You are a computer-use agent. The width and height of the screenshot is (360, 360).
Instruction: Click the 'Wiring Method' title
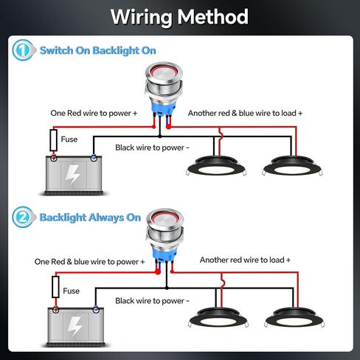[179, 17]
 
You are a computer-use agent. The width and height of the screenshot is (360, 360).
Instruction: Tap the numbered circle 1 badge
[23, 50]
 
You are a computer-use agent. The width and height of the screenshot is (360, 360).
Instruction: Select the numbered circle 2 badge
[23, 217]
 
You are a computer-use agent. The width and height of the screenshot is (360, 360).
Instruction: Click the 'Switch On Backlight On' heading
[98, 50]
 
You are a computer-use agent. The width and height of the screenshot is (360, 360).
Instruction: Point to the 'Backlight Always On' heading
[90, 218]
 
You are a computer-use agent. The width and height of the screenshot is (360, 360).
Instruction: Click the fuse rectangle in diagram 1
[54, 140]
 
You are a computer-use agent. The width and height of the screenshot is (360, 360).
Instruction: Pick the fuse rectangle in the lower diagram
[55, 287]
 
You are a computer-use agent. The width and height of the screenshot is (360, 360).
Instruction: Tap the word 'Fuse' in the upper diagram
[69, 139]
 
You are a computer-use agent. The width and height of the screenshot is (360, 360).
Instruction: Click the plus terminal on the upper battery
[54, 158]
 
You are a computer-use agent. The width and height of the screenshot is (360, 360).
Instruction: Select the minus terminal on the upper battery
[94, 158]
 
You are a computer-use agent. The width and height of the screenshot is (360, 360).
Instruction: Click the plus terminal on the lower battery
[56, 310]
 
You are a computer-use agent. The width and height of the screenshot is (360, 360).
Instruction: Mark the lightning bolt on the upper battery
[72, 174]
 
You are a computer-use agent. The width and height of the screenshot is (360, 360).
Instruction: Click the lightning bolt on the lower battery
[75, 326]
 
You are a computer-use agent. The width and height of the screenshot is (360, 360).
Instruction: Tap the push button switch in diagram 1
[164, 91]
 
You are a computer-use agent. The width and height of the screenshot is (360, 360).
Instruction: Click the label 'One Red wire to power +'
[94, 113]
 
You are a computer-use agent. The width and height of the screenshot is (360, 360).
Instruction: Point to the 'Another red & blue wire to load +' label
[245, 113]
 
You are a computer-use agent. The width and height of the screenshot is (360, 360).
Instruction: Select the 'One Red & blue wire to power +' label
[89, 262]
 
